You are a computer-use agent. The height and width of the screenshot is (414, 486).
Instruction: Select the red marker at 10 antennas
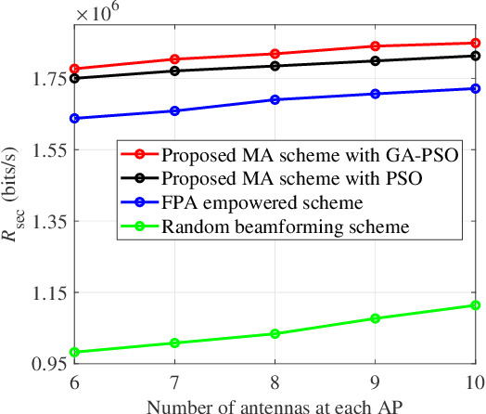pyautogui.click(x=474, y=43)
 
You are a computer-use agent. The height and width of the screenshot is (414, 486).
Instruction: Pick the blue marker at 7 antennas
pyautogui.click(x=175, y=111)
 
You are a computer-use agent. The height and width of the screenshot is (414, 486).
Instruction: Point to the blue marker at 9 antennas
pyautogui.click(x=375, y=94)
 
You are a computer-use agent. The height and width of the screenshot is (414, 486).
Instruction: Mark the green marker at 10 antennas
pyautogui.click(x=474, y=305)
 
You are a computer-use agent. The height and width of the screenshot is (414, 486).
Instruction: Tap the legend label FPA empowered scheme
pyautogui.click(x=261, y=202)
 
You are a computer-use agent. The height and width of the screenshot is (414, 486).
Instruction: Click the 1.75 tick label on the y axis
pyautogui.click(x=45, y=80)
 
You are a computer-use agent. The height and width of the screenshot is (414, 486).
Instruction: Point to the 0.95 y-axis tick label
pyautogui.click(x=45, y=364)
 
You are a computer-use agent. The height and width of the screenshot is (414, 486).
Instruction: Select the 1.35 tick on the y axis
pyautogui.click(x=45, y=222)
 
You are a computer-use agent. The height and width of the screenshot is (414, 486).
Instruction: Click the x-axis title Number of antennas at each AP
pyautogui.click(x=275, y=404)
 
